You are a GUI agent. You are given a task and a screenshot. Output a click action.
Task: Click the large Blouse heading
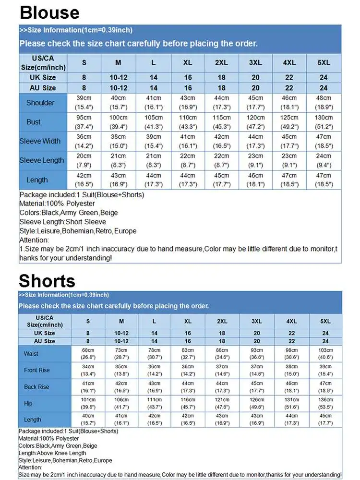(x=50, y=12)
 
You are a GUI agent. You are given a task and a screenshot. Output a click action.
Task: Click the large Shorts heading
(x=47, y=281)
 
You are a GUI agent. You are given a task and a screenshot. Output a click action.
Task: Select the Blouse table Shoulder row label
(x=40, y=103)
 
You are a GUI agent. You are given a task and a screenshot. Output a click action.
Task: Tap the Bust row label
(x=34, y=122)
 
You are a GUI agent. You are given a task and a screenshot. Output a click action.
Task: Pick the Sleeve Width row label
(x=40, y=141)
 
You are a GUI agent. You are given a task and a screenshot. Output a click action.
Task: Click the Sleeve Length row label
(x=41, y=160)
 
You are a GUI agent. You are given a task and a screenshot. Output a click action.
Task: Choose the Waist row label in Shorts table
(x=31, y=354)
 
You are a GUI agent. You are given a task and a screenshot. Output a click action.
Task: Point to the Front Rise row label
(x=37, y=370)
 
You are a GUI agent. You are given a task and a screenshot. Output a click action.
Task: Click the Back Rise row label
(x=37, y=387)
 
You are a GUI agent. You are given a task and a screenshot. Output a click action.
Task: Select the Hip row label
(x=28, y=404)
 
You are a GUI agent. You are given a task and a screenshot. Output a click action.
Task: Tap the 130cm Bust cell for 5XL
(x=324, y=122)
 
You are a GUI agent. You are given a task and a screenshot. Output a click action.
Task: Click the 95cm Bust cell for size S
(x=84, y=122)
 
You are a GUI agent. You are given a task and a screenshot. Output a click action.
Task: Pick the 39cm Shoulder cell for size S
(x=84, y=103)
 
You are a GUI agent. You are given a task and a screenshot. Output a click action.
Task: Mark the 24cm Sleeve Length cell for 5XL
(x=324, y=160)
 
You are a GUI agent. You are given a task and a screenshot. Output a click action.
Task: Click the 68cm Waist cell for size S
(x=88, y=354)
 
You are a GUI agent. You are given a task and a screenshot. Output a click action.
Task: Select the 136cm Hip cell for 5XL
(x=325, y=404)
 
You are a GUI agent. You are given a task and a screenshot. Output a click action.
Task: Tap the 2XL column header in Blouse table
(x=221, y=63)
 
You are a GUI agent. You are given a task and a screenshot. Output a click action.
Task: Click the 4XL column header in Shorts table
(x=291, y=321)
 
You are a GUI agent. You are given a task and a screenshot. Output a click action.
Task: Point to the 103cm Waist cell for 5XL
(x=325, y=354)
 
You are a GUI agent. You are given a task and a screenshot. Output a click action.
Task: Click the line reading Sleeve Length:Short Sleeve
(x=63, y=222)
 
